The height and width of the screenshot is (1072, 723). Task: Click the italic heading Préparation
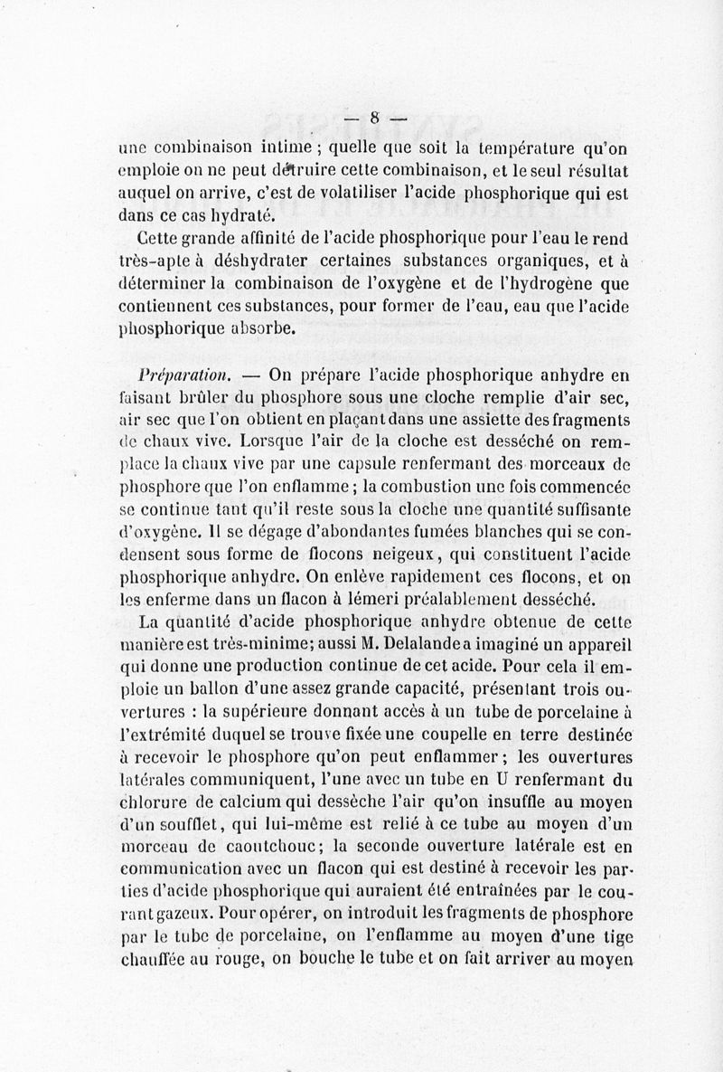174,375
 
